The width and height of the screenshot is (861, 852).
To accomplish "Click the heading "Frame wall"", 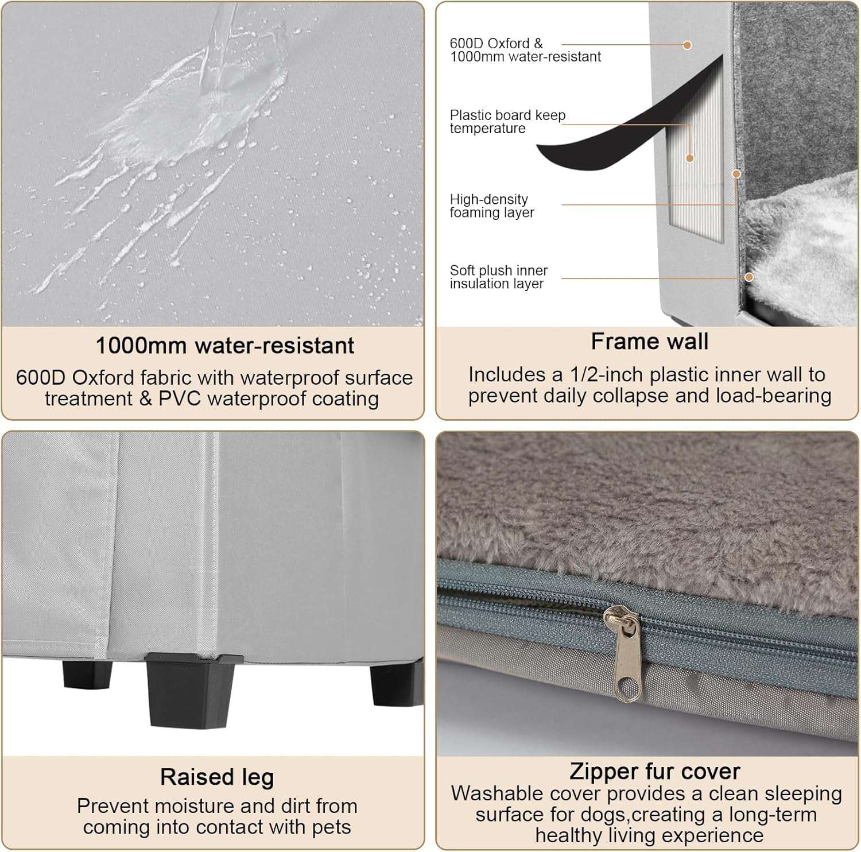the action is tap(649, 342).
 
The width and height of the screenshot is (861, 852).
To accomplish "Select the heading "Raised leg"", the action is tap(217, 777).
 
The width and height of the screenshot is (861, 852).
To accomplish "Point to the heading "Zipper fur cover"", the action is tap(654, 771).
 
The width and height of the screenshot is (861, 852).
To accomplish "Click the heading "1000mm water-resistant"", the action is tap(224, 346).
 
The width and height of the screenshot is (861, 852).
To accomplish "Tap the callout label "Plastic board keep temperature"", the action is tap(507, 122).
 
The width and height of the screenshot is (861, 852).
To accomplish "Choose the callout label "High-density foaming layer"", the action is tap(491, 206).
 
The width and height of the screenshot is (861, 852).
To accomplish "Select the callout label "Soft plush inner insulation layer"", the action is tap(498, 277).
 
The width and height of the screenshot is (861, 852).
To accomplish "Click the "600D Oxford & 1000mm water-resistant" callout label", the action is tap(525, 50).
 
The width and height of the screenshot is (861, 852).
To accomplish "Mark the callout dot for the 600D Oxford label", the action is tap(687, 45).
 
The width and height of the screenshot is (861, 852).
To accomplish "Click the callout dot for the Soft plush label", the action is tap(748, 277).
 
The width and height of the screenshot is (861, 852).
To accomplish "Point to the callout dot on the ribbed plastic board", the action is tap(690, 158).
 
